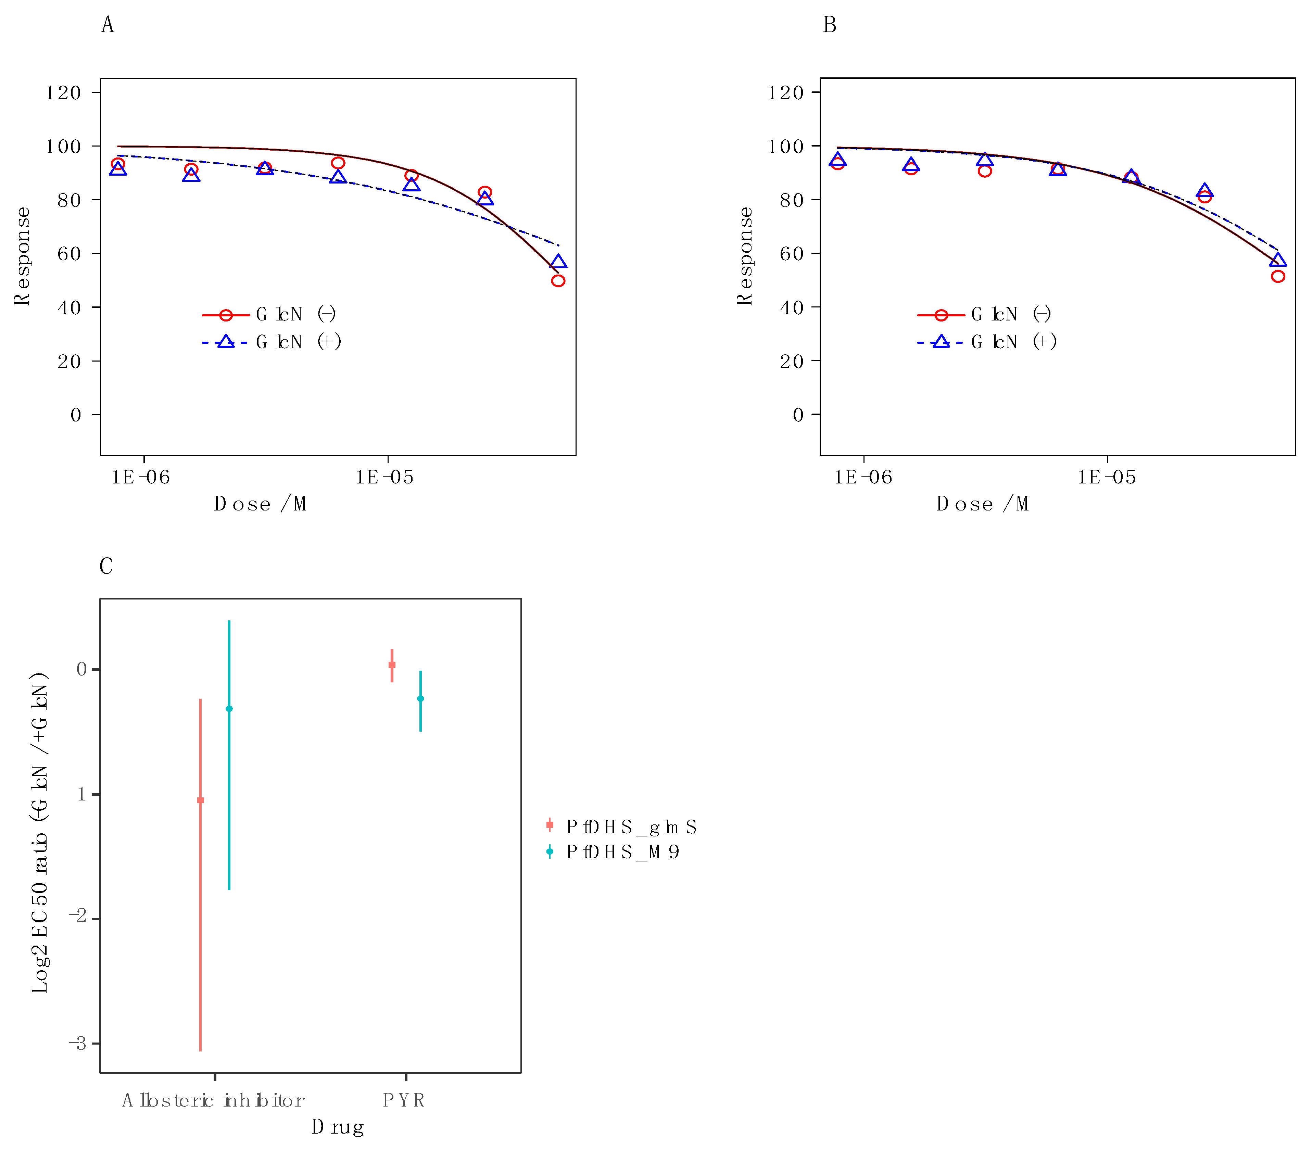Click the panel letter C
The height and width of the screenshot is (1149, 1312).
tap(106, 566)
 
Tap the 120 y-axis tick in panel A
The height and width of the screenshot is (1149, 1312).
tap(63, 93)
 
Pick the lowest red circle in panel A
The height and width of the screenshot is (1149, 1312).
tap(558, 281)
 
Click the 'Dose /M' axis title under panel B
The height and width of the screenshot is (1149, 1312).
tap(982, 504)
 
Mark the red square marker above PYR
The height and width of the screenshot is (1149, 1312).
tap(392, 665)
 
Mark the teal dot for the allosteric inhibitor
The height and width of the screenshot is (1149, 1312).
tap(229, 708)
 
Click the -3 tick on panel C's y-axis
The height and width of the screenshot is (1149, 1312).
tap(78, 1044)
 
